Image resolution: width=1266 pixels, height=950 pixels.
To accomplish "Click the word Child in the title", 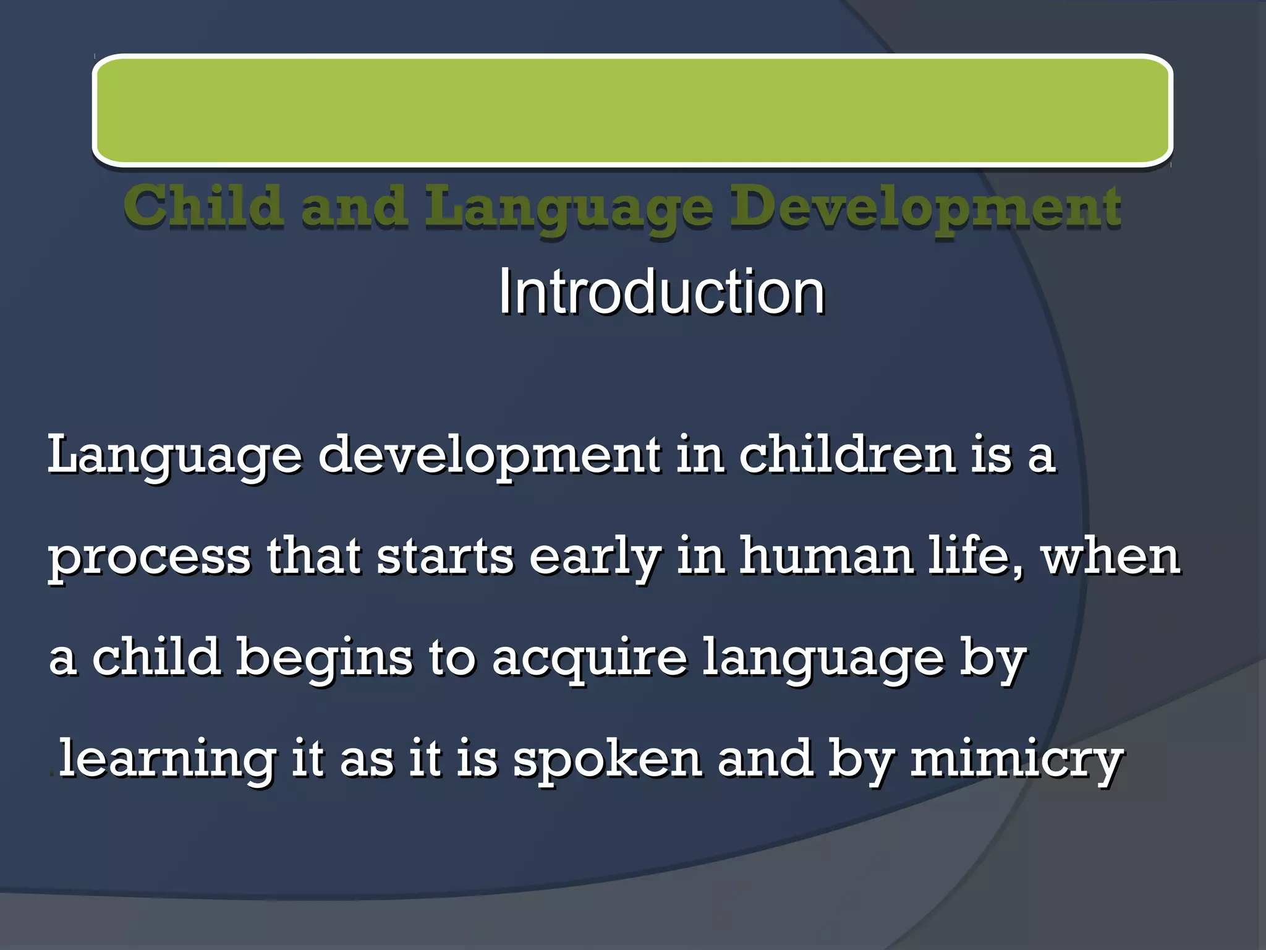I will [x=204, y=207].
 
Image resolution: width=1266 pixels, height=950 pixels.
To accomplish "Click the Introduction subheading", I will [x=661, y=292].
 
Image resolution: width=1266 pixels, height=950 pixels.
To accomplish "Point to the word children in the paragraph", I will [x=847, y=455].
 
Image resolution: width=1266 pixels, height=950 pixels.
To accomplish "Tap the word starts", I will [x=445, y=557].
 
